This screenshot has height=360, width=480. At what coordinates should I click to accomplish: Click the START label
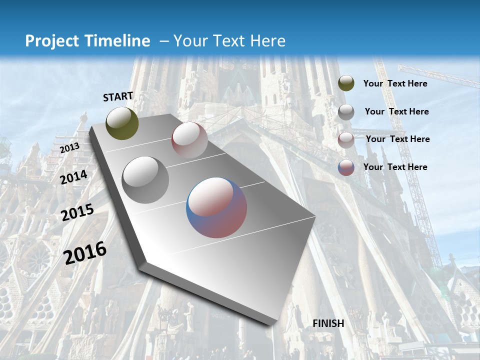point(118,96)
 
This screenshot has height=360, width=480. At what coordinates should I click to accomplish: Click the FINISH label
point(328,323)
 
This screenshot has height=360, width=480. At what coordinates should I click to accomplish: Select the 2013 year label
point(69,148)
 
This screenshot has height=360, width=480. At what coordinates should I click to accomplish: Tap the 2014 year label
point(74,177)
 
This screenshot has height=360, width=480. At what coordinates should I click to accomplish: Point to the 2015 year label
point(77,212)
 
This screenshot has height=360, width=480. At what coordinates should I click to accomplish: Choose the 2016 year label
point(85,252)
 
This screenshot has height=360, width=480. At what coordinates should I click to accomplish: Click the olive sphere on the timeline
point(122,123)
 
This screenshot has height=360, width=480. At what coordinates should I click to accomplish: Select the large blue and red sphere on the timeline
point(216,207)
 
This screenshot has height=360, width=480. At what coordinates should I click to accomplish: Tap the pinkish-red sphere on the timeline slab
point(189,140)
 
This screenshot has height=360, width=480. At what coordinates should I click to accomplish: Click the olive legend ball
point(346,83)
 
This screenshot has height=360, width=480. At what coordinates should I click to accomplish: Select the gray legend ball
point(346,112)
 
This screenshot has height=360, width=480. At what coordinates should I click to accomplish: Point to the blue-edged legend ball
point(346,167)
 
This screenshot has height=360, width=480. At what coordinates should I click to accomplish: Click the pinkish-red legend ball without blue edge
point(346,139)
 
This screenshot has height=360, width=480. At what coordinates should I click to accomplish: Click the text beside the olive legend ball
point(395,83)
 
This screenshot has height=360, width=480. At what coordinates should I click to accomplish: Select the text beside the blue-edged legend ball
point(395,167)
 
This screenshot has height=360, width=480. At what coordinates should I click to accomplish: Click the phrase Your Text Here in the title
point(229,41)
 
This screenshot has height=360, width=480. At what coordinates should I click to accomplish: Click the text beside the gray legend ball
point(396,111)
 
